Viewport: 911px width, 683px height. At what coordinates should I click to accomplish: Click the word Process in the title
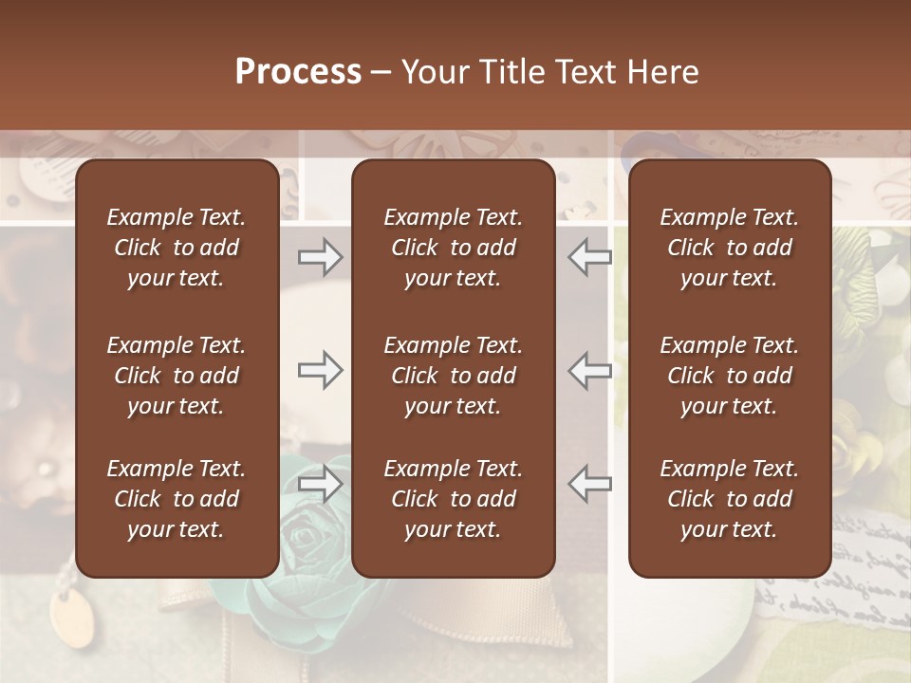(x=298, y=72)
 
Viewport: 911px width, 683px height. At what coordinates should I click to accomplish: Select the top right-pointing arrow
(x=321, y=257)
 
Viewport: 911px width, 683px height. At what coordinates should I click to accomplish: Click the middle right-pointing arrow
(x=321, y=369)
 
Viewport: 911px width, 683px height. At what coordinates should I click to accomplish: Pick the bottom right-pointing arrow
(x=321, y=483)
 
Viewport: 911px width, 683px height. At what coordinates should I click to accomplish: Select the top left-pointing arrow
(x=590, y=257)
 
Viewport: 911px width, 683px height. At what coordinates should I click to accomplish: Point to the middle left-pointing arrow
(x=590, y=369)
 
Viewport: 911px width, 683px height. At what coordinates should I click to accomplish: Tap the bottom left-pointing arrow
(x=590, y=483)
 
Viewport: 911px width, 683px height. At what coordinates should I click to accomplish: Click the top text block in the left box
(x=177, y=248)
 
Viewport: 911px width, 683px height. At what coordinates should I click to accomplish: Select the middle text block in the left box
(x=177, y=376)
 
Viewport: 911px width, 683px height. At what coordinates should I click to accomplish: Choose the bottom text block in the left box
(x=177, y=499)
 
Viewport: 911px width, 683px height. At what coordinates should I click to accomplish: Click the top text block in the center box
(x=454, y=248)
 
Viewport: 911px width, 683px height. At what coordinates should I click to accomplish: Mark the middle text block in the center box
(x=454, y=376)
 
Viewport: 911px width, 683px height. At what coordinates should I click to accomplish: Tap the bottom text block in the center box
(x=454, y=499)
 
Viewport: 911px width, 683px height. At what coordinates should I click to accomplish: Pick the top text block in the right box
(x=730, y=248)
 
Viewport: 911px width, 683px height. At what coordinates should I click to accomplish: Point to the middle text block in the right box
(x=730, y=376)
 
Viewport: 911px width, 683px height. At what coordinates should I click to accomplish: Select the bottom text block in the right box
(x=730, y=499)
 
